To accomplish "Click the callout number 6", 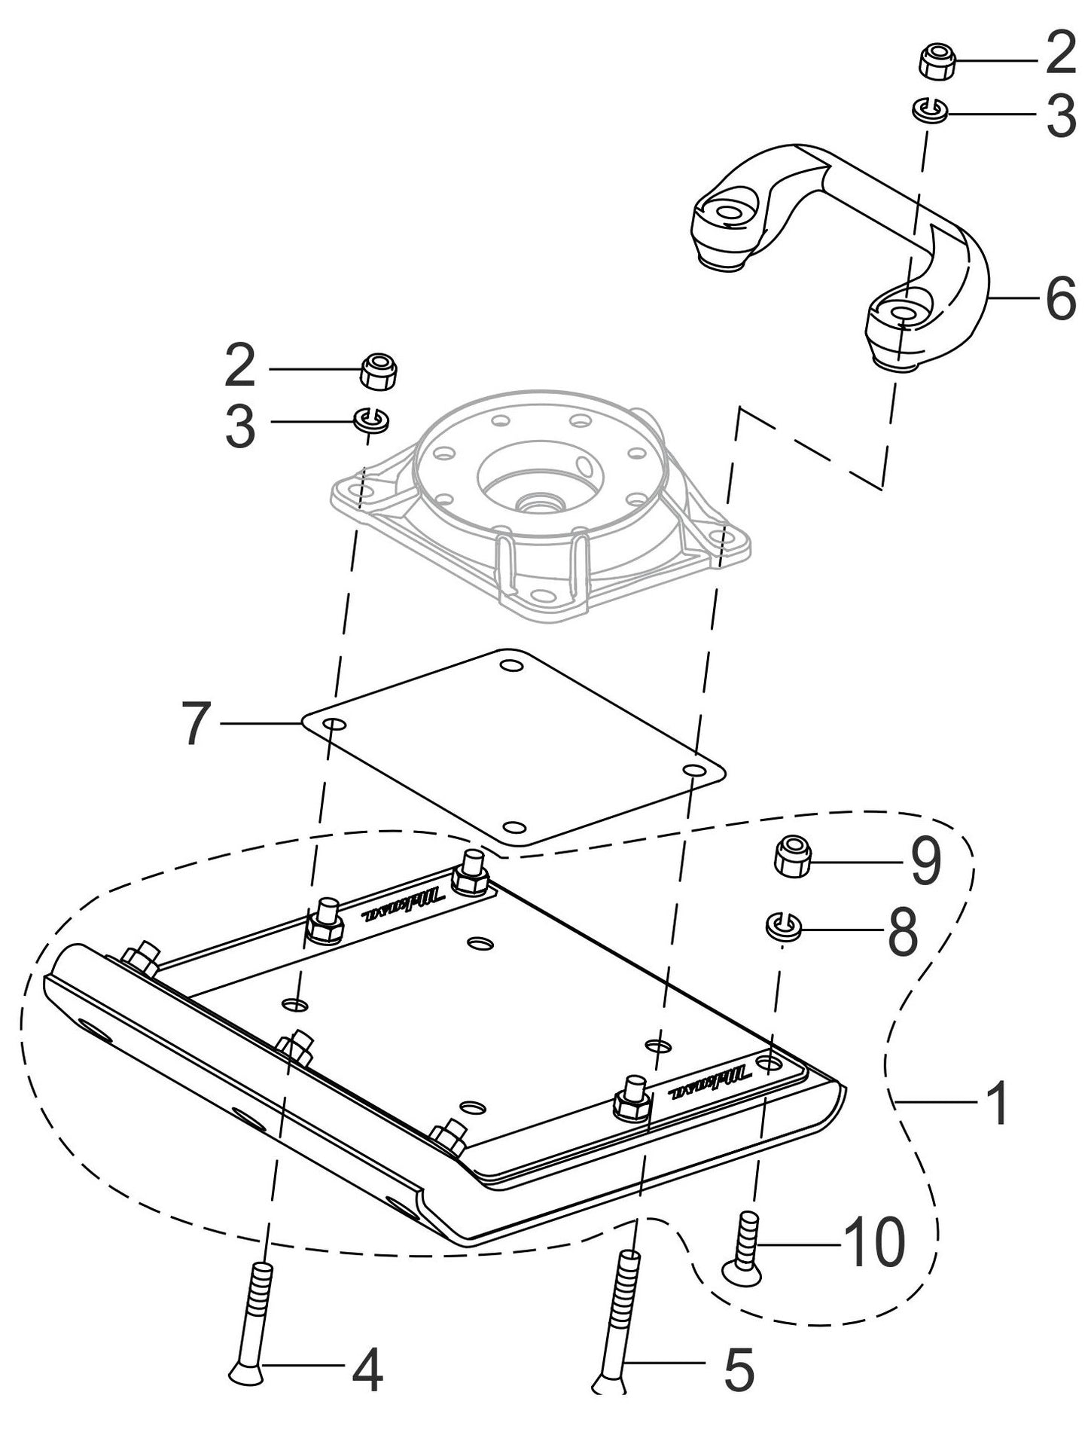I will (x=1060, y=300).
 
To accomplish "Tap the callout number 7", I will (x=197, y=723).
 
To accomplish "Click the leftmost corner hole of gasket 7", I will (x=336, y=725).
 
